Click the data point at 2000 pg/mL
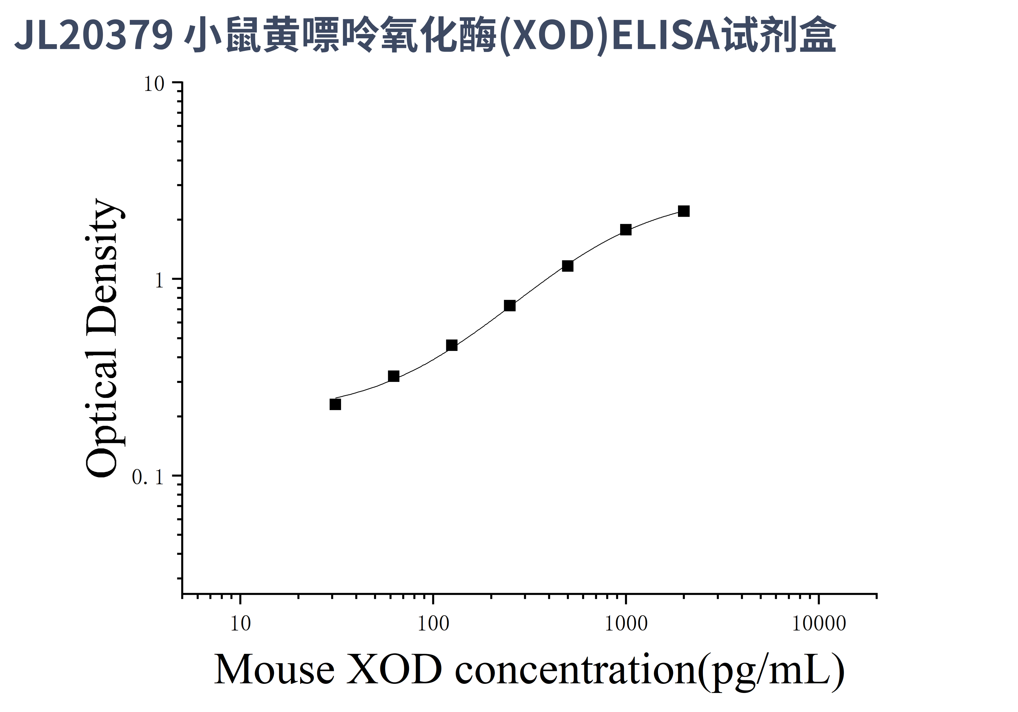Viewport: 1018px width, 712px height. (x=684, y=211)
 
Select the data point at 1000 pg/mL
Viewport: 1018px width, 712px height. (x=626, y=230)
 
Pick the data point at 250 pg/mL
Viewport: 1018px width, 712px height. (x=510, y=306)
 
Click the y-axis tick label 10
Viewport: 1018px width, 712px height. (x=154, y=84)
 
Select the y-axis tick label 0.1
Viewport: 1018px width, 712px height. (x=148, y=477)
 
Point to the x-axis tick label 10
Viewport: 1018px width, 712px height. (x=240, y=624)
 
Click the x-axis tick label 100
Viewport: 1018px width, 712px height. (x=433, y=624)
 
